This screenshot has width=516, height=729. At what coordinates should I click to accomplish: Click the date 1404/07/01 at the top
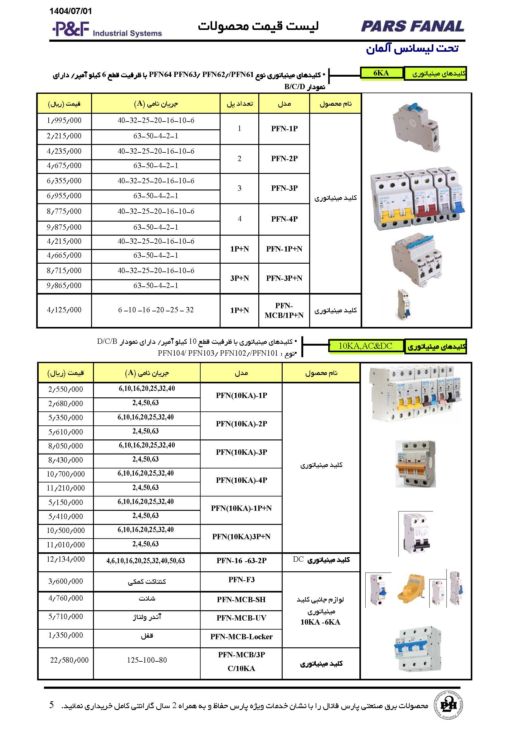coord(71,12)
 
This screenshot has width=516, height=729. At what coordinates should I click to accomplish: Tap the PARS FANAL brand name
coord(412,26)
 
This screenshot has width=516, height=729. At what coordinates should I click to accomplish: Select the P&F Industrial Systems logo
coord(107,30)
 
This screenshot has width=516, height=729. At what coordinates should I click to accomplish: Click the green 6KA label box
coord(381,73)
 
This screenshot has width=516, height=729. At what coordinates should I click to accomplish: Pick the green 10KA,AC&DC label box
coord(366,346)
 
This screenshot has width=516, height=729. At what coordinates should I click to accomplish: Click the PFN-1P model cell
coord(284,129)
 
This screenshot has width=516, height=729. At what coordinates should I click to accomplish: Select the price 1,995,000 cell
coord(64,121)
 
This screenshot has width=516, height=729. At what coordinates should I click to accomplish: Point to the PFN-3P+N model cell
coord(284,278)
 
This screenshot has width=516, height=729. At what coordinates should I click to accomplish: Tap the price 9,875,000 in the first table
coord(64,227)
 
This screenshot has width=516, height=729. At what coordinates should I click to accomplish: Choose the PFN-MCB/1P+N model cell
coord(284,310)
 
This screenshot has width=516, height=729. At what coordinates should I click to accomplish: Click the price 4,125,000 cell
coord(64,310)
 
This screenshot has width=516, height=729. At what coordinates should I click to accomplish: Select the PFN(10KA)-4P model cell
coord(241,480)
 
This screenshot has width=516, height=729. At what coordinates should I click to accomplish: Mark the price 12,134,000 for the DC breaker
coord(66,559)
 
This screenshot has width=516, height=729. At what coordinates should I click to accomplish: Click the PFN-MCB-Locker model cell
coord(241,637)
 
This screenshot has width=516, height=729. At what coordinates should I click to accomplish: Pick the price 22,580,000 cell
coord(69,660)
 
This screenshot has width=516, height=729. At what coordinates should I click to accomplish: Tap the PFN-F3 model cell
coord(241,579)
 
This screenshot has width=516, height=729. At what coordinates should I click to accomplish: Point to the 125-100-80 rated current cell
coord(147,660)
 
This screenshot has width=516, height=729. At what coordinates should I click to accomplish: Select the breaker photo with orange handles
coord(415,464)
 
